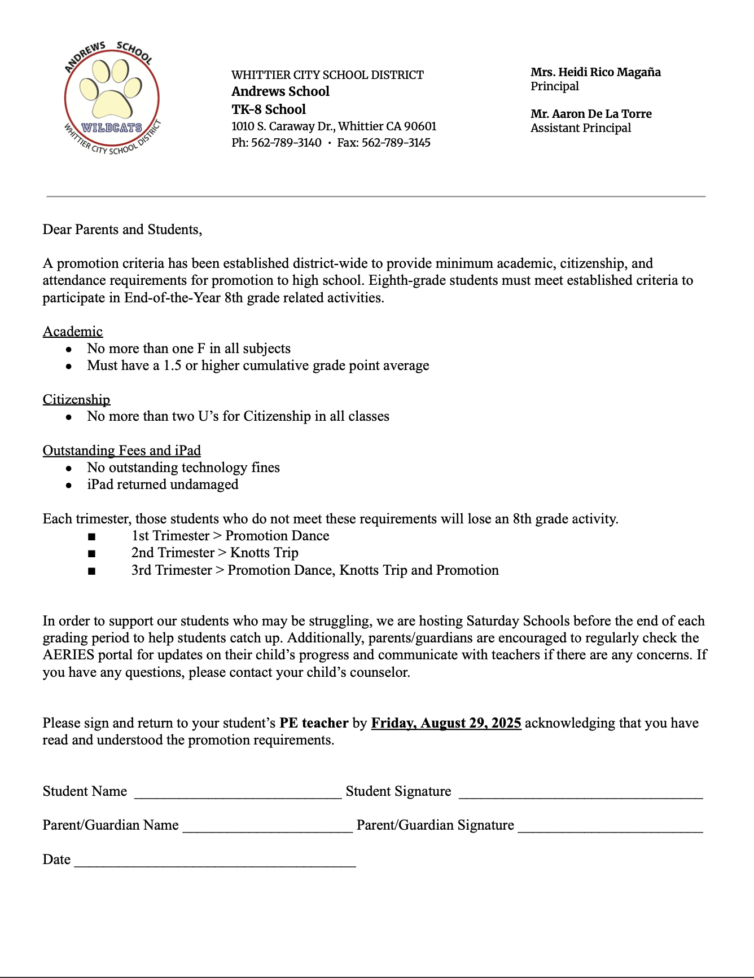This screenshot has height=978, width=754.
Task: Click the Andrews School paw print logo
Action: pyautogui.click(x=112, y=98)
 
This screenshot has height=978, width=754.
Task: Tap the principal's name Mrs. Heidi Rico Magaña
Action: pyautogui.click(x=595, y=72)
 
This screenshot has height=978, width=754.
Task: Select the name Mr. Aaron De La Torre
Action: pyautogui.click(x=591, y=114)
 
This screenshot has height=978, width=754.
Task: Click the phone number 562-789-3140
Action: pyautogui.click(x=286, y=143)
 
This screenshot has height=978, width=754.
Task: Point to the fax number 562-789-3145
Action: pyautogui.click(x=396, y=143)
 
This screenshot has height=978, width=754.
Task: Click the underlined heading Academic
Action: pyautogui.click(x=73, y=332)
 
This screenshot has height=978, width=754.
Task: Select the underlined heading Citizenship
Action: pyautogui.click(x=76, y=400)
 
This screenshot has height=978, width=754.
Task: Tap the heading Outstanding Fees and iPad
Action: pyautogui.click(x=122, y=451)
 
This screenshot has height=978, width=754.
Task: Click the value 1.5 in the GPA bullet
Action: pyautogui.click(x=172, y=365)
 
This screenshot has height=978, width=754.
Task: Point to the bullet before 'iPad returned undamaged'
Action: pyautogui.click(x=69, y=485)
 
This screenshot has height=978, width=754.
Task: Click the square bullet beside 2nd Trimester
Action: pyautogui.click(x=91, y=554)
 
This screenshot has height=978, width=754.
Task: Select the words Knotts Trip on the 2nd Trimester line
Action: pyautogui.click(x=264, y=553)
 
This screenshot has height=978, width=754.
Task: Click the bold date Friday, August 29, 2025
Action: pyautogui.click(x=446, y=723)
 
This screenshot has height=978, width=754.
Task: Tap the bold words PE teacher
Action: pyautogui.click(x=314, y=723)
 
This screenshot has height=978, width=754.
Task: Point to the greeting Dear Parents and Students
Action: pyautogui.click(x=122, y=230)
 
